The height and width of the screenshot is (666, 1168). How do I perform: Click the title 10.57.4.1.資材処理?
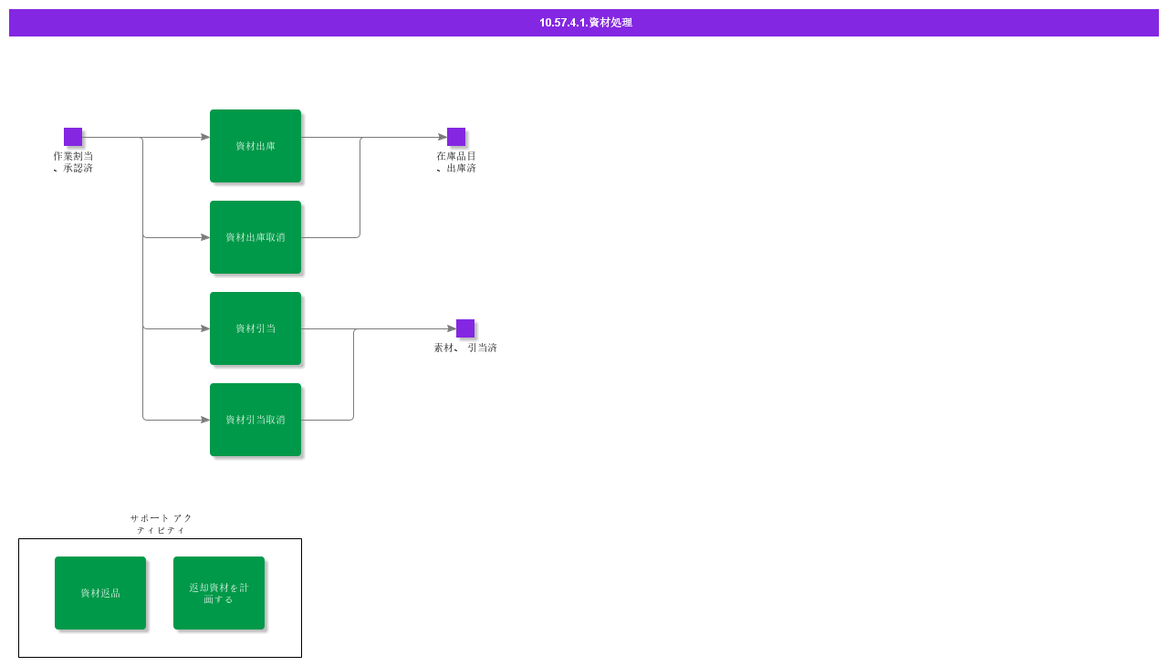(586, 23)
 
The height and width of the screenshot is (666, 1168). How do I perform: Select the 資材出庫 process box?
(255, 146)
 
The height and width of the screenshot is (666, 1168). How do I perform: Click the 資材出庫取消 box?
(255, 237)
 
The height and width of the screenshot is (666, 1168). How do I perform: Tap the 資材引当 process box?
(255, 328)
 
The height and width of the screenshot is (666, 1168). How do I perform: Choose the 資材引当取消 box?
(255, 420)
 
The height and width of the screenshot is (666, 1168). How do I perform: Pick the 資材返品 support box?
(100, 593)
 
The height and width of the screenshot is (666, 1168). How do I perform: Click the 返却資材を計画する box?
(219, 593)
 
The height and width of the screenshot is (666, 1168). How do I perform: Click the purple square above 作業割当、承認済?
(73, 137)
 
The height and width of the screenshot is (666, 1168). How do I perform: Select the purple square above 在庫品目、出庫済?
(456, 137)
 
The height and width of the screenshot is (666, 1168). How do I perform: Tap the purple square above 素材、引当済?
(465, 328)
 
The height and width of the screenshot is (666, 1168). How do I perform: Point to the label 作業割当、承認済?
(73, 162)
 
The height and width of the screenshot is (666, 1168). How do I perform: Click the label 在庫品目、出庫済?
(456, 162)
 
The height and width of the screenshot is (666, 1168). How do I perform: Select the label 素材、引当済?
(465, 348)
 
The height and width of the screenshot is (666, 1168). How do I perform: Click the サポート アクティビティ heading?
(162, 525)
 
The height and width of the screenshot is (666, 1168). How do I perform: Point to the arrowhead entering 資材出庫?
(205, 137)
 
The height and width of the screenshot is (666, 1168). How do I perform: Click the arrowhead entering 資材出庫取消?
(205, 237)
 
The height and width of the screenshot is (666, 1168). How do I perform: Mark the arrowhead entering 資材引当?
(205, 328)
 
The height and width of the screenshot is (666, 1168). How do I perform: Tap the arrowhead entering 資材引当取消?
(205, 420)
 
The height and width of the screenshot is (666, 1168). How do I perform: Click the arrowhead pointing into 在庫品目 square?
(443, 137)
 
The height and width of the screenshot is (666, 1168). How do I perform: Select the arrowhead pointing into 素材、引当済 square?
(452, 328)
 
